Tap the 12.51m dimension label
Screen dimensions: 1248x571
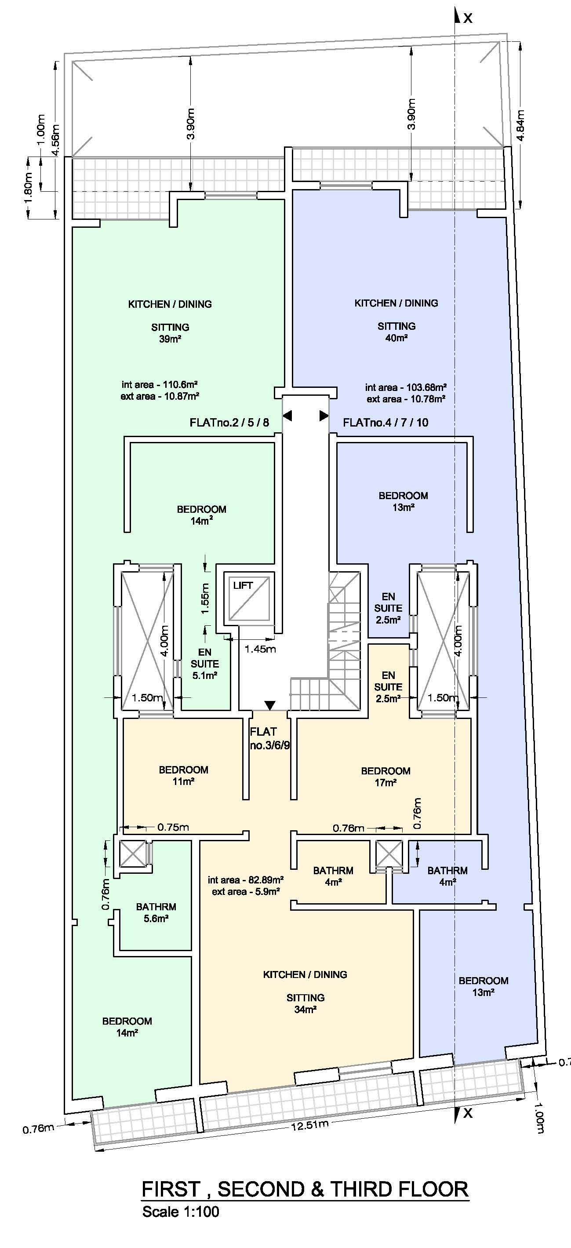309,1124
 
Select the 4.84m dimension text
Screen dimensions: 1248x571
520,125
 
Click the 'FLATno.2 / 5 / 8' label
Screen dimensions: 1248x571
229,423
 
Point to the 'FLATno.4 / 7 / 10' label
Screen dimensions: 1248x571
386,423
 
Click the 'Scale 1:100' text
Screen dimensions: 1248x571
181,1212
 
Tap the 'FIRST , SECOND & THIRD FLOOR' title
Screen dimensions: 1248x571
305,1190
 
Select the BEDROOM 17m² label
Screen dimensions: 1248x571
386,776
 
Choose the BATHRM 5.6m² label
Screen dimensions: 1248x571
156,912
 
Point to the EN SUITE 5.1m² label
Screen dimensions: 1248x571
204,664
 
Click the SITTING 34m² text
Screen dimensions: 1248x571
305,1004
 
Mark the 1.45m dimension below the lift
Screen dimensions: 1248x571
260,649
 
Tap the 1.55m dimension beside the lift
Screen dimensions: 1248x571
205,598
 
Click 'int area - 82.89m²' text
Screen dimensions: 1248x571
246,880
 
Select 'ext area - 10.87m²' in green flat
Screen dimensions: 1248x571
160,396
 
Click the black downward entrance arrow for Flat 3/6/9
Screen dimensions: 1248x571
270,705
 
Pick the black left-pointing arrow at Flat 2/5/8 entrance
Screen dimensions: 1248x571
287,416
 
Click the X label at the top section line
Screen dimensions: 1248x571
467,18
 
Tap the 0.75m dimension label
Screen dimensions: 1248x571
173,827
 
